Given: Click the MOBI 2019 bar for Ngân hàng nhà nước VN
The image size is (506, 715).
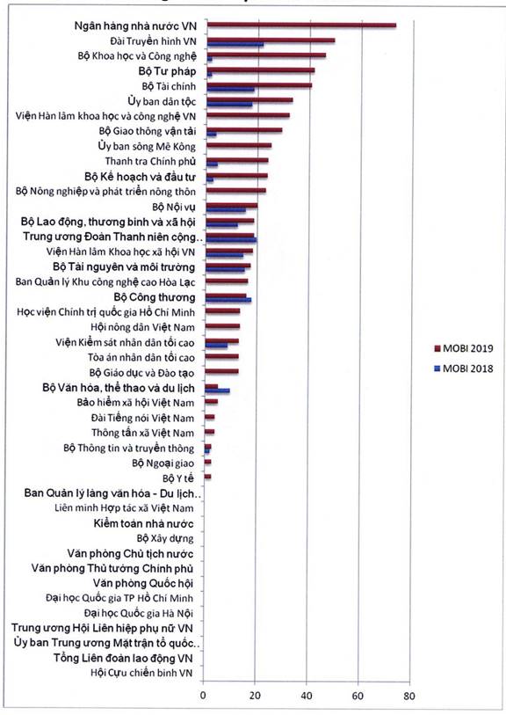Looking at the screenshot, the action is [301, 26].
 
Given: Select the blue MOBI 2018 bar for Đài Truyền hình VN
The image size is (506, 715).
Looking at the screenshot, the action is [235, 45].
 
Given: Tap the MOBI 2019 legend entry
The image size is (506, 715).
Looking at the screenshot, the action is [463, 349].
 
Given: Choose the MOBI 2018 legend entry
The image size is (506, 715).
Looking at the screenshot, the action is [463, 368].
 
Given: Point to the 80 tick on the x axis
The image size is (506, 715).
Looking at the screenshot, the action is [409, 696].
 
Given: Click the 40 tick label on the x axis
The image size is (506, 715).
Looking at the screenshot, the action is [307, 696].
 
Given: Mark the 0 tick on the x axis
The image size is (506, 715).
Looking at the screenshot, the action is [203, 696].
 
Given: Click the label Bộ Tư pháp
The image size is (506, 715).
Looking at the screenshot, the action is [167, 71].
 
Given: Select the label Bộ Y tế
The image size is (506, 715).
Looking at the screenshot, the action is [178, 478].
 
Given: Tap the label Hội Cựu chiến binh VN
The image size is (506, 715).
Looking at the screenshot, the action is [141, 673].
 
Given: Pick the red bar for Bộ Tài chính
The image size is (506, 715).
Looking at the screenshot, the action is [259, 85].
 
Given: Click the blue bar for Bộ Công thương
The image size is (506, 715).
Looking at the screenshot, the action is [228, 300].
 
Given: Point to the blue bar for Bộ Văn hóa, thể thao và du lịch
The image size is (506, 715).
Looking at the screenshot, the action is [218, 390].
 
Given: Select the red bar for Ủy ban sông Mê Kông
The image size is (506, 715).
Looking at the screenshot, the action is [239, 145].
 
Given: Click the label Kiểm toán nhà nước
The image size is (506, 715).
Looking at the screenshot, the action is [143, 523].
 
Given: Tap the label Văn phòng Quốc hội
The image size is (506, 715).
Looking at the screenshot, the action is [143, 583].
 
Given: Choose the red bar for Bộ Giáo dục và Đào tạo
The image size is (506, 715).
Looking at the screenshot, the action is [221, 372].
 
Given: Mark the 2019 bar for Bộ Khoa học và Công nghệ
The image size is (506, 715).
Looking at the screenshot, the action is [266, 55].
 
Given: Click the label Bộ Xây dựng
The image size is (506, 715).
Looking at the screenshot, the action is [165, 538].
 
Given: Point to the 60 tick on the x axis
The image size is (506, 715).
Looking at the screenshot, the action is [358, 696].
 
